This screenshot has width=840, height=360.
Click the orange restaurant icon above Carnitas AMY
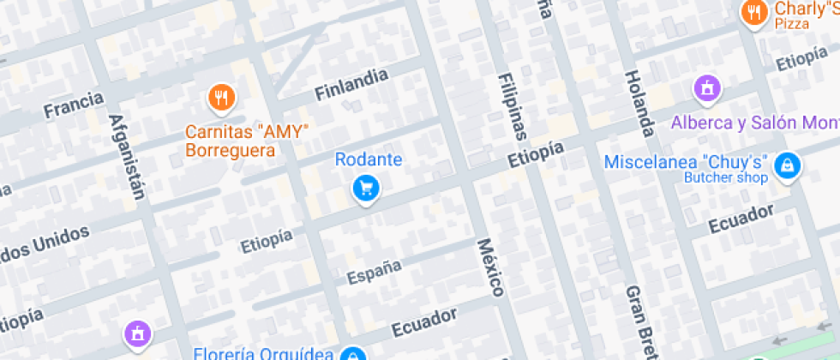(222, 98)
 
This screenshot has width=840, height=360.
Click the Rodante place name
(368, 159)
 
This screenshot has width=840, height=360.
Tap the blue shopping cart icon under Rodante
(367, 189)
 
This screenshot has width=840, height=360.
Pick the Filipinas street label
(511, 106)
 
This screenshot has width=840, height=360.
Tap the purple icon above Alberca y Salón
(707, 88)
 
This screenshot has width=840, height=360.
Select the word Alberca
(703, 123)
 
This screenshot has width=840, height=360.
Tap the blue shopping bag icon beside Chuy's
(786, 165)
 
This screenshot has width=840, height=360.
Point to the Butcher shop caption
(725, 178)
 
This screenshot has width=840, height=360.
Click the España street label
(374, 271)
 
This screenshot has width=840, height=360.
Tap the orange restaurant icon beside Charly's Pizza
(753, 12)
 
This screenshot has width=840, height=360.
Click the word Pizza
(792, 24)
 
